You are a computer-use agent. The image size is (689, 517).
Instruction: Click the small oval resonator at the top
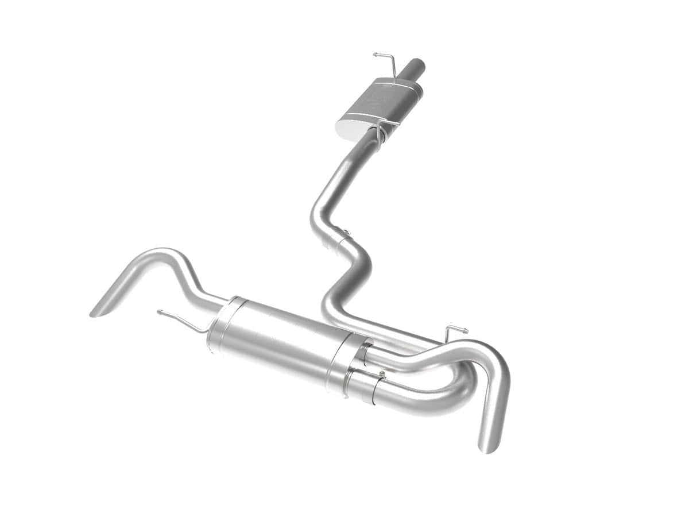382,103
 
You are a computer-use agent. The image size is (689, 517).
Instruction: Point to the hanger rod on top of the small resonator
385,59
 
